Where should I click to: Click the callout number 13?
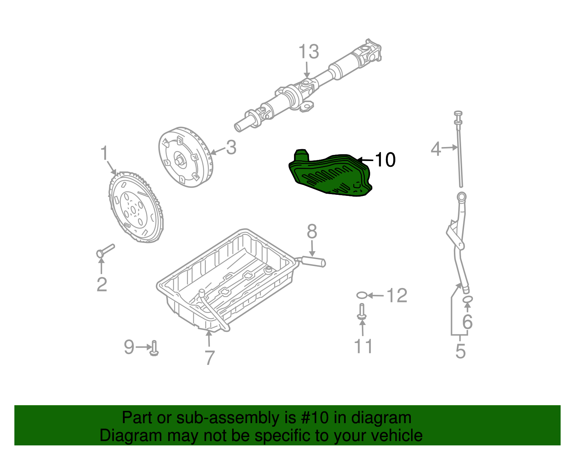click(x=309, y=52)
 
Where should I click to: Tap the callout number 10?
click(x=385, y=160)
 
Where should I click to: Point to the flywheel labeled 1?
click(x=135, y=207)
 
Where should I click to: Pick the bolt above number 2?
click(x=105, y=250)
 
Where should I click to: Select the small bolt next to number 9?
click(x=154, y=348)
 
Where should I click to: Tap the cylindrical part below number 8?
click(x=313, y=261)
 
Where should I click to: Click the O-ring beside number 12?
click(x=362, y=295)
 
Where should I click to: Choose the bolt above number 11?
click(x=362, y=311)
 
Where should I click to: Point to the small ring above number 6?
click(x=467, y=299)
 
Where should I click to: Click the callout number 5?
click(x=460, y=351)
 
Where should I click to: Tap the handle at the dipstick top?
click(x=458, y=114)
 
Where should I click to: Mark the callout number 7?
click(x=210, y=357)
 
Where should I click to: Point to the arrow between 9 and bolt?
click(x=144, y=347)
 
